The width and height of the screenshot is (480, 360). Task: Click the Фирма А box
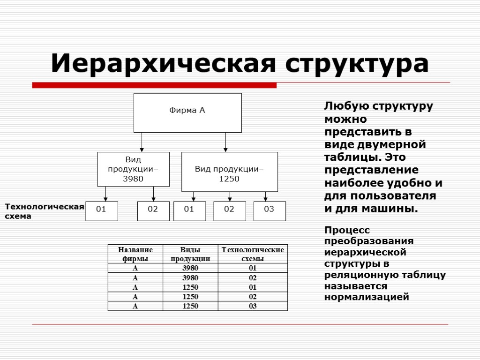pyautogui.click(x=187, y=112)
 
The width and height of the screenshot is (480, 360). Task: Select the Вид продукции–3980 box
pyautogui.click(x=133, y=169)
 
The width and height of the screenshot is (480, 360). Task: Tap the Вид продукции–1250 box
pyautogui.click(x=229, y=172)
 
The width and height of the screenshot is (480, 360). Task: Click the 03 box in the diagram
pyautogui.click(x=269, y=211)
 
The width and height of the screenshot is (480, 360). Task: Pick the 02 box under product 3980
pyautogui.click(x=153, y=211)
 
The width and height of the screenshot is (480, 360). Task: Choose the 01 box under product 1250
pyautogui.click(x=189, y=211)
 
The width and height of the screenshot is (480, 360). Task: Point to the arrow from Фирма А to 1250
pyautogui.click(x=225, y=142)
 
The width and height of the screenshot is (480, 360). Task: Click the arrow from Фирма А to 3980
pyautogui.click(x=142, y=142)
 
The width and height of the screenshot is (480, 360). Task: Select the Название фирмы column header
pyautogui.click(x=135, y=254)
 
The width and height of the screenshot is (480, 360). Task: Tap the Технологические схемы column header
pyautogui.click(x=253, y=254)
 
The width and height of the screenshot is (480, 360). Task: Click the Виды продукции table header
pyautogui.click(x=190, y=254)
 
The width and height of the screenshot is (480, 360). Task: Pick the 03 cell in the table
pyautogui.click(x=253, y=306)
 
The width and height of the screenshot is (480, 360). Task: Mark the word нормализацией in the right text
pyautogui.click(x=367, y=297)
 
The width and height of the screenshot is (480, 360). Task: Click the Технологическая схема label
pyautogui.click(x=44, y=211)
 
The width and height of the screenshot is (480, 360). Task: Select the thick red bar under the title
pyautogui.click(x=154, y=85)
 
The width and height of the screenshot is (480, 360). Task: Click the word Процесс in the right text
pyautogui.click(x=347, y=230)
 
